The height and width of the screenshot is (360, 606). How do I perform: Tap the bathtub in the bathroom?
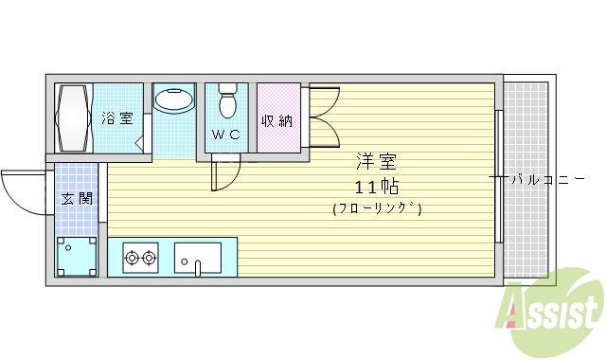(73, 117)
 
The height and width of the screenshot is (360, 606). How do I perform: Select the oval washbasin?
(172, 99)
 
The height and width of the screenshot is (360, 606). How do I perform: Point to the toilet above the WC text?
(226, 99)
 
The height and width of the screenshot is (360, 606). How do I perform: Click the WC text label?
(225, 135)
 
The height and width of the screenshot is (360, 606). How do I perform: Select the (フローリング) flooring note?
(376, 208)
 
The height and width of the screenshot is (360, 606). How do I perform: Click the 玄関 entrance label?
(76, 199)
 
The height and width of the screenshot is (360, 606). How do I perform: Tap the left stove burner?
(133, 256)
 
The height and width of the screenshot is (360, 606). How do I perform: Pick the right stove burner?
(150, 256)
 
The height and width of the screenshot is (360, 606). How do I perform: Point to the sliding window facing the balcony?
(497, 177)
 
